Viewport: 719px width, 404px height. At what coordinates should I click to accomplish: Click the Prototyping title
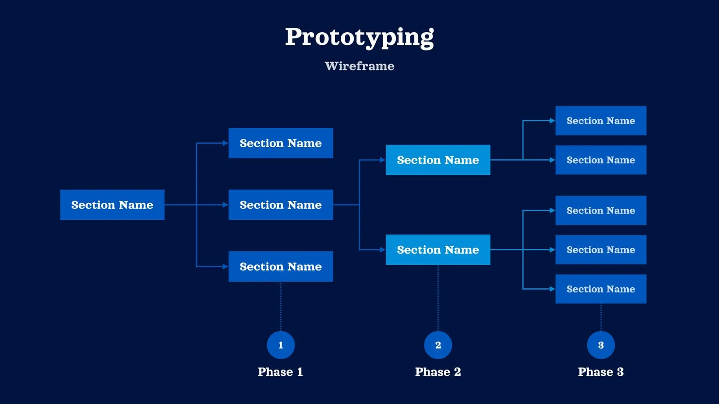tap(359, 37)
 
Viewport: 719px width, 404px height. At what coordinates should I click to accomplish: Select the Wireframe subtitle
tap(359, 66)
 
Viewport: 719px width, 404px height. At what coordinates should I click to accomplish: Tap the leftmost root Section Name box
tap(112, 205)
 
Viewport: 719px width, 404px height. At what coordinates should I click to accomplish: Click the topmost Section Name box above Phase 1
tap(280, 143)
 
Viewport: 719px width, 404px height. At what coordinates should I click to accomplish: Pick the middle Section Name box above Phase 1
tap(280, 205)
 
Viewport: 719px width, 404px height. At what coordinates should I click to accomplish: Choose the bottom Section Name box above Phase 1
tap(280, 266)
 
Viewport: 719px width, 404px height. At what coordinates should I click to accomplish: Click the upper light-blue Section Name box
tap(438, 160)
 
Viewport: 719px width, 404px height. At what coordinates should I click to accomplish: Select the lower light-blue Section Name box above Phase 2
tap(438, 250)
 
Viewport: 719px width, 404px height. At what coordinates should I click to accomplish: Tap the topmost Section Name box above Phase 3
tap(601, 120)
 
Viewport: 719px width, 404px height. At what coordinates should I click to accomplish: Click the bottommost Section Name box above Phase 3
tap(601, 289)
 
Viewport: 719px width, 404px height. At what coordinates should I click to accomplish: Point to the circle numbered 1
tap(280, 345)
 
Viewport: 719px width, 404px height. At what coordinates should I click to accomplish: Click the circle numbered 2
tap(438, 345)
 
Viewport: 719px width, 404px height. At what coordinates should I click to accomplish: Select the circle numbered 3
tap(601, 345)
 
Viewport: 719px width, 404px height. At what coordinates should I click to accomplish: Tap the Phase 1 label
tap(280, 372)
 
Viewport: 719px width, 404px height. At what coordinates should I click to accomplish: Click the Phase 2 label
tap(438, 372)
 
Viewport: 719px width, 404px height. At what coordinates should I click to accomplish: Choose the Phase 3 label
tap(601, 372)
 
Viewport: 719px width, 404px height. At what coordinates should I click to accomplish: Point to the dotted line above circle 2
tap(438, 297)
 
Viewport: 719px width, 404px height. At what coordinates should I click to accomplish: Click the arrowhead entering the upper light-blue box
tap(383, 160)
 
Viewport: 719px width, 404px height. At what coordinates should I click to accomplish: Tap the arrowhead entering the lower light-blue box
tap(383, 250)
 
